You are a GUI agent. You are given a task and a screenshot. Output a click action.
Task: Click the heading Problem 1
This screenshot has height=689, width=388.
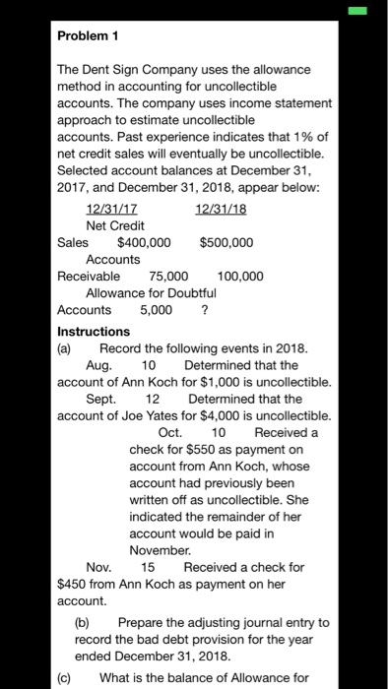(x=88, y=35)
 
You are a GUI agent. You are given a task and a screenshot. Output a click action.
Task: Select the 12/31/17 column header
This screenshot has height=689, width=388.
(x=112, y=209)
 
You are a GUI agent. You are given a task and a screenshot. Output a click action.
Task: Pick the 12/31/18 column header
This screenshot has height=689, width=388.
(x=221, y=209)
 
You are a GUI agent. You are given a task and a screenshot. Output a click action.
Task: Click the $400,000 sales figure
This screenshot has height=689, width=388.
(x=144, y=242)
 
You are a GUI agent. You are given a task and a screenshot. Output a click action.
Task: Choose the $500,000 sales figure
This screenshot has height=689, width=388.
(x=226, y=242)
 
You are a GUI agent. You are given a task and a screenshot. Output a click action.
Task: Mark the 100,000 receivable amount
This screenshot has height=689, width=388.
(x=240, y=276)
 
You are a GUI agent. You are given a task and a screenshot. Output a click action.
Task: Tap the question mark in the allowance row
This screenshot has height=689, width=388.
(x=204, y=309)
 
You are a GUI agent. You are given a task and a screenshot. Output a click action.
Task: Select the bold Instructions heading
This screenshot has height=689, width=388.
(x=94, y=332)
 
